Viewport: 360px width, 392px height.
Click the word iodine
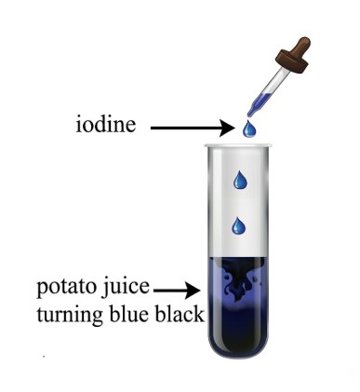pyautogui.click(x=106, y=125)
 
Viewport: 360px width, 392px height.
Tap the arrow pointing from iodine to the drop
pyautogui.click(x=193, y=128)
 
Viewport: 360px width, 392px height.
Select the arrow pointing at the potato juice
pyautogui.click(x=177, y=291)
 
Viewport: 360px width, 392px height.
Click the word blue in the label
pyautogui.click(x=130, y=314)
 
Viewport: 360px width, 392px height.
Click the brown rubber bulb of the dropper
pyautogui.click(x=300, y=47)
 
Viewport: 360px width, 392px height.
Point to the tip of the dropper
pyautogui.click(x=248, y=115)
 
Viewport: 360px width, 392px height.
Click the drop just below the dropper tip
pyautogui.click(x=249, y=128)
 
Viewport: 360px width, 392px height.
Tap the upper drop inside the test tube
pyautogui.click(x=241, y=180)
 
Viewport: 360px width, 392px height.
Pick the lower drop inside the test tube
pyautogui.click(x=239, y=226)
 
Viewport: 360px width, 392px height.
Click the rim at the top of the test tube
pyautogui.click(x=238, y=145)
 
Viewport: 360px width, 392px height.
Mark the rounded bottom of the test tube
pyautogui.click(x=238, y=346)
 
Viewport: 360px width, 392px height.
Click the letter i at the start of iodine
pyautogui.click(x=79, y=125)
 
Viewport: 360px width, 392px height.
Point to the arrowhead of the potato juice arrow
pyautogui.click(x=193, y=291)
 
